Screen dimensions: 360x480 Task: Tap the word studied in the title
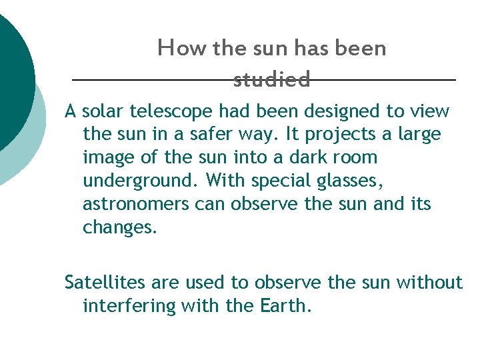(x=272, y=81)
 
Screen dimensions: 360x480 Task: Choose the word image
(x=107, y=158)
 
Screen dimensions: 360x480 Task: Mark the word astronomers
(x=136, y=204)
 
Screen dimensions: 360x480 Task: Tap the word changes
(x=120, y=227)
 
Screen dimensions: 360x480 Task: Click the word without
(x=429, y=283)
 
